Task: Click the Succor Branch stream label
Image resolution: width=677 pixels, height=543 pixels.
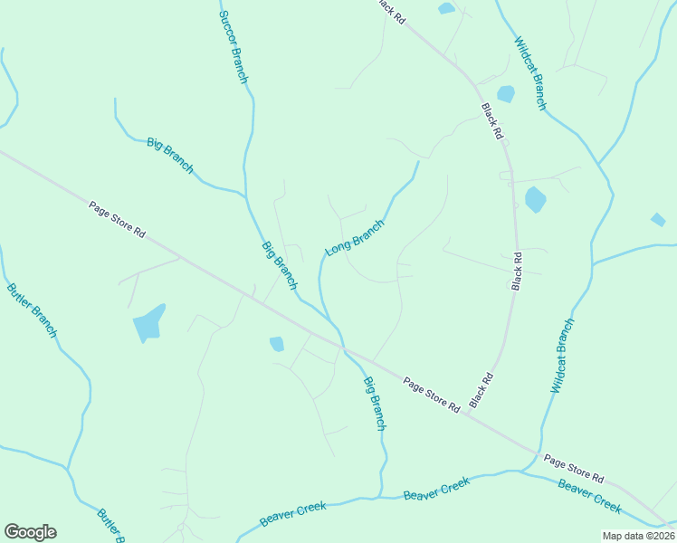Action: [x=234, y=48]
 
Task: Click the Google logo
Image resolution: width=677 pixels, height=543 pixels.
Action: [x=30, y=532]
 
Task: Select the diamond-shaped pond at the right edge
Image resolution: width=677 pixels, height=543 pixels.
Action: [x=658, y=219]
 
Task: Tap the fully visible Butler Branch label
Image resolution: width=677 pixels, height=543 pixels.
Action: [x=32, y=310]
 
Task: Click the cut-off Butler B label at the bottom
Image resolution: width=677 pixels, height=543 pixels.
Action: [x=110, y=526]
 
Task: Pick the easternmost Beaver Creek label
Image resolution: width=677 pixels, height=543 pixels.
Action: [x=589, y=495]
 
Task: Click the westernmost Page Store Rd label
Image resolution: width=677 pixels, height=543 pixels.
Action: [x=118, y=219]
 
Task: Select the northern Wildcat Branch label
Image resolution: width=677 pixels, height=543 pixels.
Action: [x=530, y=73]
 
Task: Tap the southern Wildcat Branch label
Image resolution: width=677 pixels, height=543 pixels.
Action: [x=562, y=355]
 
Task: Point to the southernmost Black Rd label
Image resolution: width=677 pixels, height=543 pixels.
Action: [x=482, y=390]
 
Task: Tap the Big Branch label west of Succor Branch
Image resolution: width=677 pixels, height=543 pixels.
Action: [x=170, y=155]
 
